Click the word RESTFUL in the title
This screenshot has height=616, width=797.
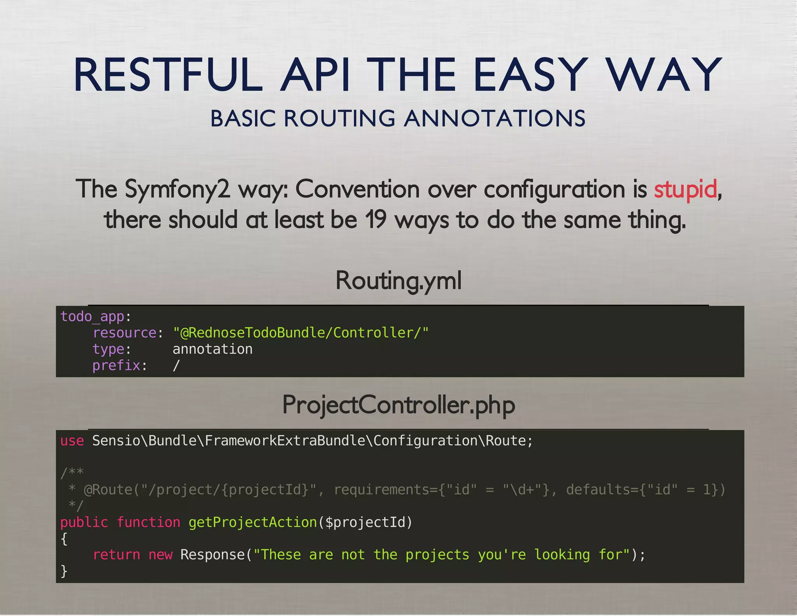point(168,75)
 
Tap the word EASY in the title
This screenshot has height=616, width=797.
point(530,75)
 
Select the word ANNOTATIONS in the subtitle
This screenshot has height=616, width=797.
point(495,118)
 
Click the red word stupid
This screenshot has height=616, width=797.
point(685,190)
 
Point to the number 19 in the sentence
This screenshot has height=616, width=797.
point(376,220)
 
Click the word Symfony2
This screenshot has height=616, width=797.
point(177,190)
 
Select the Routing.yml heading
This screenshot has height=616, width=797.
point(398,281)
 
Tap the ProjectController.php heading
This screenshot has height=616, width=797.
point(398,405)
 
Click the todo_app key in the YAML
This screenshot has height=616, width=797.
point(92,317)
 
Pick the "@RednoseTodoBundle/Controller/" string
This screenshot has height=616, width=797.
point(300,333)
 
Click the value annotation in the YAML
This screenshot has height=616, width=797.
point(212,349)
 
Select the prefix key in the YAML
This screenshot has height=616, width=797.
point(116,366)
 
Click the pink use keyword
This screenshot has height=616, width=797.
point(72,441)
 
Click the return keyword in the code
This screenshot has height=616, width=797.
point(116,555)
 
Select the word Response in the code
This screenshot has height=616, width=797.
point(212,555)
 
